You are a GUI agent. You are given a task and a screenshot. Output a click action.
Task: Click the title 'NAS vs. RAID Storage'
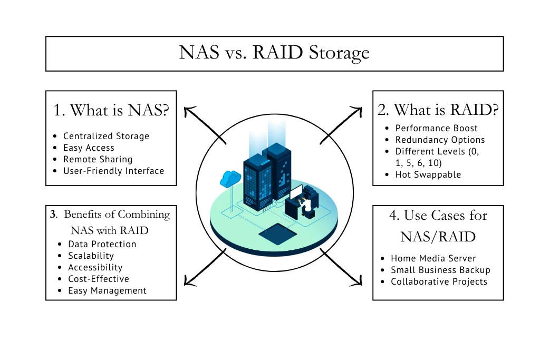coord(274,53)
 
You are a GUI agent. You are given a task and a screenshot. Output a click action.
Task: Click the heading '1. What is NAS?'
coord(111,110)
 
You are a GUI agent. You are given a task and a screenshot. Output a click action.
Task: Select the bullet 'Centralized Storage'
coord(106,136)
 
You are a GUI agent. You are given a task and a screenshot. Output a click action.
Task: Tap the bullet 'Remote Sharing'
coord(98,159)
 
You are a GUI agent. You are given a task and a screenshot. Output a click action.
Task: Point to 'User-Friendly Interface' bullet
coord(113,171)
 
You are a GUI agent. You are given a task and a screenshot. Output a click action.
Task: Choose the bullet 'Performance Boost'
coord(436,128)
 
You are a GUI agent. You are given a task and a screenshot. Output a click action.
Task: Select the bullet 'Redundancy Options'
coord(440,140)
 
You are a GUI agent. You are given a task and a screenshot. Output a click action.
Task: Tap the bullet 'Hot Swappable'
coord(428,174)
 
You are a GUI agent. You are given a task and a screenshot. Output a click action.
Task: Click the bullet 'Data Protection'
coord(102,244)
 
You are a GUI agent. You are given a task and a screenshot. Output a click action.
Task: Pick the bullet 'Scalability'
coord(91,256)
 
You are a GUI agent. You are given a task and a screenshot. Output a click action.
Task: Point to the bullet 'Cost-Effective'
coord(98,279)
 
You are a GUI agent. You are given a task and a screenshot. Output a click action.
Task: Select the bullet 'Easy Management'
coord(107,290)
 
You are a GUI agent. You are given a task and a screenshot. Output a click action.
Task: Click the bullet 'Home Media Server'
coord(433,258)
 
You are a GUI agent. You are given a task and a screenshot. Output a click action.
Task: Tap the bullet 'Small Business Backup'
coord(440,270)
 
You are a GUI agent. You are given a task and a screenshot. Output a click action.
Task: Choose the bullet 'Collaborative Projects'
coord(439,281)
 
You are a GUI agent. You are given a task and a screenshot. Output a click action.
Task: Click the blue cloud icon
coord(230,178)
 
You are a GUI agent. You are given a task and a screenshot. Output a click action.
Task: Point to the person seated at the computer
coord(304,203)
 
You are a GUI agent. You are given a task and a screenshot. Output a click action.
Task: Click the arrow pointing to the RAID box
coord(342,124)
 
